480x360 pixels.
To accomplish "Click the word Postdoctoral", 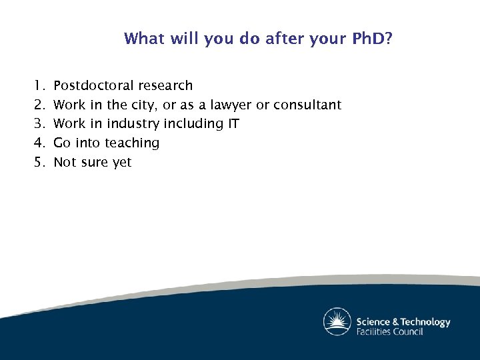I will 95,85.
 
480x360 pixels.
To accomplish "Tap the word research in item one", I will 167,85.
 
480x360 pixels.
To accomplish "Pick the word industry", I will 130,124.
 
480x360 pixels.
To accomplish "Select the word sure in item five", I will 94,162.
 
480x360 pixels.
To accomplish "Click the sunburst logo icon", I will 337,322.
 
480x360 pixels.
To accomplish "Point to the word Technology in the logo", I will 421,322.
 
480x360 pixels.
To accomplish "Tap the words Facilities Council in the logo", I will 389,331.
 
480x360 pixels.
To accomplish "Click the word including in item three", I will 191,124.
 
